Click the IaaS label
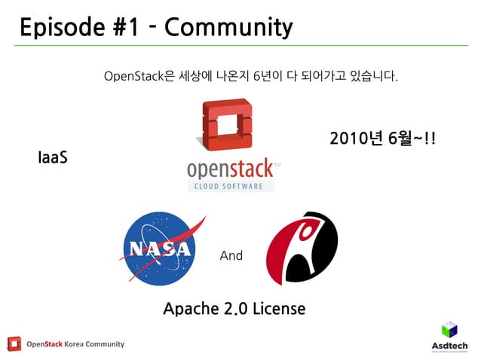click(52, 158)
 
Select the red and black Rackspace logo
click(301, 248)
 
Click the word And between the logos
click(231, 256)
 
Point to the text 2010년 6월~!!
click(383, 139)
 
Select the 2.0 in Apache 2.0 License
click(237, 308)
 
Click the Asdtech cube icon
click(449, 328)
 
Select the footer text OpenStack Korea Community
click(75, 344)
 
